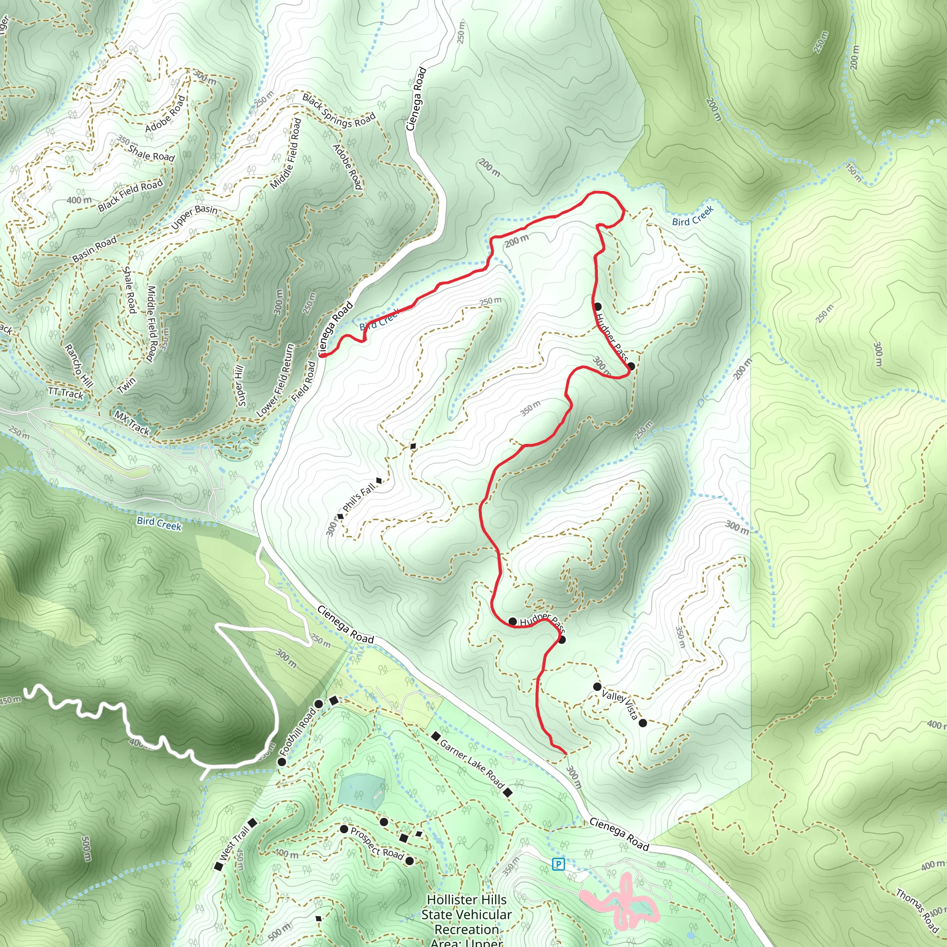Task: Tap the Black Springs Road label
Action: click(338, 111)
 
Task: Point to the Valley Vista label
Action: click(620, 704)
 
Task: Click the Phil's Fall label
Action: click(359, 497)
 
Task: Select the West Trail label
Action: click(235, 843)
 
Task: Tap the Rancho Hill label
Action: click(79, 366)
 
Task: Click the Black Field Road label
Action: click(130, 196)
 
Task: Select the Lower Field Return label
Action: click(276, 381)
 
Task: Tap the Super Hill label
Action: click(240, 386)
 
